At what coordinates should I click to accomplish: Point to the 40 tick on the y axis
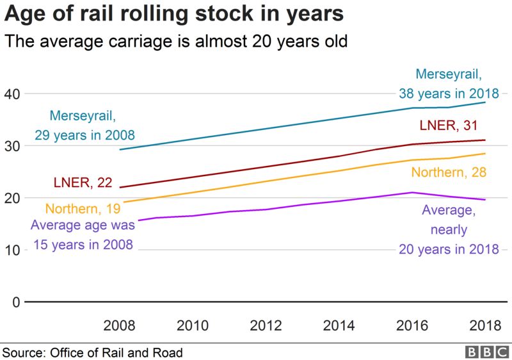(x=13, y=94)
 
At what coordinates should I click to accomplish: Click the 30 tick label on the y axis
(x=13, y=146)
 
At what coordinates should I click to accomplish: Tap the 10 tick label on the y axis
(x=13, y=250)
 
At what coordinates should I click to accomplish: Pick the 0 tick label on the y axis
(x=17, y=302)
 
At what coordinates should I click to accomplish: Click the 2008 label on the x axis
(x=119, y=325)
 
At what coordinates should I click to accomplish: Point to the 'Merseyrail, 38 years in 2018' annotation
(x=448, y=83)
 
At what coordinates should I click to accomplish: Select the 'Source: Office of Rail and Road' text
(x=93, y=352)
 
